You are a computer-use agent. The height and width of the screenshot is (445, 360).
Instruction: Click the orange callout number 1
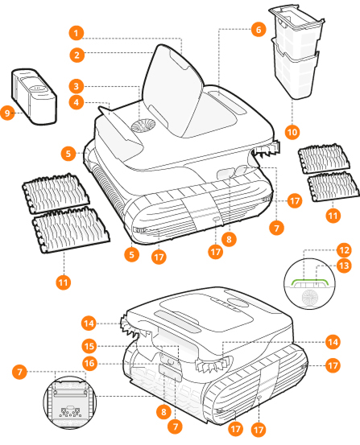(x=77, y=33)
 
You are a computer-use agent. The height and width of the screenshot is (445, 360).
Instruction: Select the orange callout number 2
(x=77, y=55)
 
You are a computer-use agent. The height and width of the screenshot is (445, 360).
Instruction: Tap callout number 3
(x=77, y=86)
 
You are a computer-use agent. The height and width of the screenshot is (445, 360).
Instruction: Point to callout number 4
(x=77, y=102)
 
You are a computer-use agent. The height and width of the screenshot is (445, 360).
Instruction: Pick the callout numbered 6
(x=259, y=29)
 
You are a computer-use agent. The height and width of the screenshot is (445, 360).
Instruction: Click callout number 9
(x=7, y=113)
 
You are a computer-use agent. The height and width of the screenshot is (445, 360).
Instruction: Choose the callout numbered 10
(x=292, y=132)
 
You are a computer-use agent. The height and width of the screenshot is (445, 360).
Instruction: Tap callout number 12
(x=344, y=250)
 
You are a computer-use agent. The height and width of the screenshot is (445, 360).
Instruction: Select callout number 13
(x=344, y=266)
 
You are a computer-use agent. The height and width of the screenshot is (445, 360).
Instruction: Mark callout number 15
(x=89, y=346)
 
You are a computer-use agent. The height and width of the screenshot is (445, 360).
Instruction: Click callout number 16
(x=89, y=363)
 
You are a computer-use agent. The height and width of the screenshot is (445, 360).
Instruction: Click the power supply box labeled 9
(x=34, y=96)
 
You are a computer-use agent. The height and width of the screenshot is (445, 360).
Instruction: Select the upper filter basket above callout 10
(x=297, y=27)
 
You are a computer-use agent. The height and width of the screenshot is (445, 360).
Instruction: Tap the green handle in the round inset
(x=310, y=279)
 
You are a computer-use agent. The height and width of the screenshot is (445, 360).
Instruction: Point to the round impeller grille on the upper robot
(x=143, y=126)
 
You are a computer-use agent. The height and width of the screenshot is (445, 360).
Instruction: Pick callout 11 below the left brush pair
(x=63, y=282)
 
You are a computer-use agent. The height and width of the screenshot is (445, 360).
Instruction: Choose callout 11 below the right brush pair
(x=333, y=216)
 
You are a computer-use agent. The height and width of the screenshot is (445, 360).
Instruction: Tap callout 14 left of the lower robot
(x=89, y=323)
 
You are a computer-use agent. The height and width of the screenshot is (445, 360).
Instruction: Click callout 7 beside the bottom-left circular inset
(x=19, y=372)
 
